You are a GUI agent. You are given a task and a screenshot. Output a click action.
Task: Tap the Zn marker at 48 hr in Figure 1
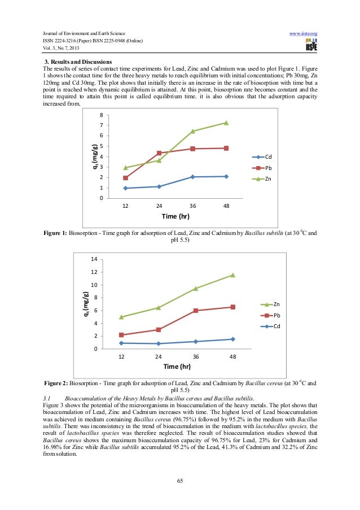coord(226,123)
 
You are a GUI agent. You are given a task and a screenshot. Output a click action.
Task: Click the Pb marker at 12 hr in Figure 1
coord(125,178)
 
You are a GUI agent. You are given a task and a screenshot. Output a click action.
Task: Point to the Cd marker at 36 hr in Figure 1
coord(192,177)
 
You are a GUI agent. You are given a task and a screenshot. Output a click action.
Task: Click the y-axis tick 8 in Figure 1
coord(101,115)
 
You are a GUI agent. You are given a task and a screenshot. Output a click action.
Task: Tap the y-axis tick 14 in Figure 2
coord(94,259)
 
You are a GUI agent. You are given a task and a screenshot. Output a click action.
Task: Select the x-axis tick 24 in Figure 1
coord(159,206)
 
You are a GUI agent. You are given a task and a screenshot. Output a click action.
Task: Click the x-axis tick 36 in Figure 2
coord(195,357)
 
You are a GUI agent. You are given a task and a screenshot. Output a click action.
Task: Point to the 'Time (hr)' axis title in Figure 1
coord(175,217)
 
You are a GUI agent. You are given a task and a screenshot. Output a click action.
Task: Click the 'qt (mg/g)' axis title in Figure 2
coord(86,307)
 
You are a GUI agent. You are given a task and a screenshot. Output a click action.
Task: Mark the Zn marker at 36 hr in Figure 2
coord(195,289)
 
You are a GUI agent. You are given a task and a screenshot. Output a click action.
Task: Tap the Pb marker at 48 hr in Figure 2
coord(232,307)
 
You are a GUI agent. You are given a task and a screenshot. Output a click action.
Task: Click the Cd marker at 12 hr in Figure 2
coord(121,343)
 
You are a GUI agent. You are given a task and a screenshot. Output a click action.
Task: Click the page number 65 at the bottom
coord(180,481)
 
